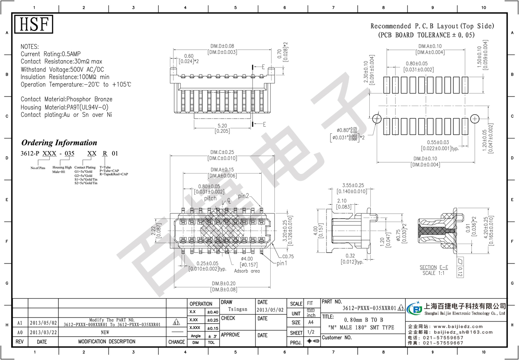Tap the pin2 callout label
[243, 196]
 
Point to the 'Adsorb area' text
[247, 271]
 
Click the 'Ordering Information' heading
[59, 143]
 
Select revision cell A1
[20, 323]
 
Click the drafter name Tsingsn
[237, 310]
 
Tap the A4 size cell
[310, 322]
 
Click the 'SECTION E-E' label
[434, 267]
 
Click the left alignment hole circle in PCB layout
[377, 118]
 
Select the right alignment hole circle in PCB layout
[475, 118]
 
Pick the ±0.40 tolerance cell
[212, 312]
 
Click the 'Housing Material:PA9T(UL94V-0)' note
[64, 107]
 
